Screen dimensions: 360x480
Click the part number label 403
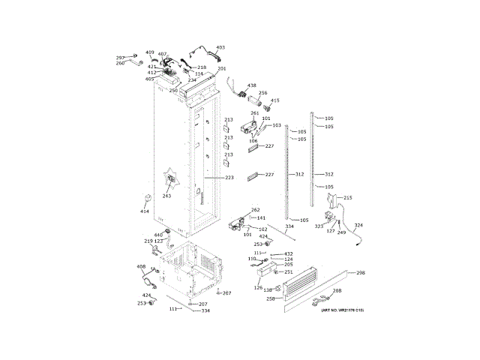220,48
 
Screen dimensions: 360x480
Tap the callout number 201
222,69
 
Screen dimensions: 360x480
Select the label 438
252,85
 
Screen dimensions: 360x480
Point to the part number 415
275,100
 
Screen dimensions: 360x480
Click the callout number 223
229,178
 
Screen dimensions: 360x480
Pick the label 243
166,196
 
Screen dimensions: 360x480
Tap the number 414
145,211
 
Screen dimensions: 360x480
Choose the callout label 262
256,210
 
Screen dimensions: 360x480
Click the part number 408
141,266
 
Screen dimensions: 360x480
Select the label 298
361,272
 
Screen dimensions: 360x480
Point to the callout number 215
347,197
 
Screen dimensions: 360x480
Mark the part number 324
358,225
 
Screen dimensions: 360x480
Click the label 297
120,58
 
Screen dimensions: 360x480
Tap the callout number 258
270,298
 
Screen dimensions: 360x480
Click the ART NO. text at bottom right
342,310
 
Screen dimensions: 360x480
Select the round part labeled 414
147,199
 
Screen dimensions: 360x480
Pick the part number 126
258,288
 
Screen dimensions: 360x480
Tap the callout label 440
158,235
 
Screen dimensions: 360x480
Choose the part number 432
288,253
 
